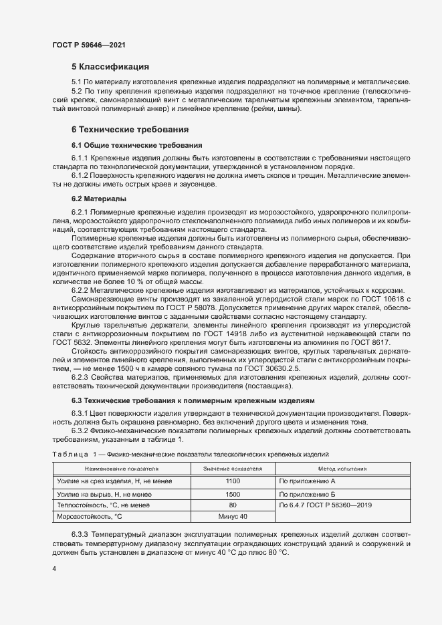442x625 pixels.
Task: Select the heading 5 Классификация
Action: (x=110, y=67)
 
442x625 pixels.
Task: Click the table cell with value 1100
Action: (x=233, y=481)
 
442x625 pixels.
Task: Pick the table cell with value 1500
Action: (x=233, y=493)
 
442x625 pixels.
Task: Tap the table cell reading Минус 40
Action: (x=233, y=517)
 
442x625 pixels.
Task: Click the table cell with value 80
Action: (x=233, y=505)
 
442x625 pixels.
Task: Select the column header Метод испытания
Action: (x=342, y=469)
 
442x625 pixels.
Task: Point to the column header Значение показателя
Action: (x=233, y=469)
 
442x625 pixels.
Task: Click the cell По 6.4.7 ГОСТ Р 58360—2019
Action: (x=326, y=505)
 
